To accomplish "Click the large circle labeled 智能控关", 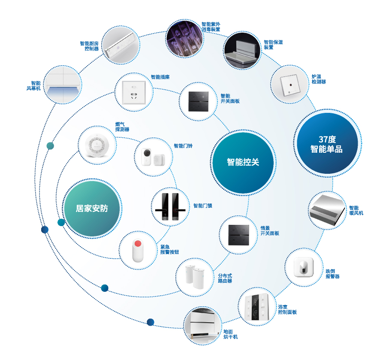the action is coord(243,163).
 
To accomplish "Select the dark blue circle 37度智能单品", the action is coord(327,143).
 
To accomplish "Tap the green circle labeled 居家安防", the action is coord(92,209).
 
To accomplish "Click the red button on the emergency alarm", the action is coord(138,244).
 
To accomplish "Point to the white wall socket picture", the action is coord(134,92).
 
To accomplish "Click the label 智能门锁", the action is coord(202,206).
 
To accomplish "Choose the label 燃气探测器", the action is coord(122,127).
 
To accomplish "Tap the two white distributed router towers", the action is coord(194,276).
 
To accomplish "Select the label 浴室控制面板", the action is coord(287,309).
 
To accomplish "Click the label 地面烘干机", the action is coord(230,334).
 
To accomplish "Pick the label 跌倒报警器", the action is coord(332,274).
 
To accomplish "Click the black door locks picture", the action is coord(170,206).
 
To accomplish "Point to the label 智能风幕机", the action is coord(33,86).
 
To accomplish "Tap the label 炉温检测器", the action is coord(319,79).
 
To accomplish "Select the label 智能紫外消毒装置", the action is coord(211,27).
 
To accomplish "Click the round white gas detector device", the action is coord(97,146).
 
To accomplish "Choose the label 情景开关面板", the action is coord(270,231).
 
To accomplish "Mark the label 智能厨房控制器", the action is coord(89,46).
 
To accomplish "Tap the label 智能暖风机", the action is coord(356,210).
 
